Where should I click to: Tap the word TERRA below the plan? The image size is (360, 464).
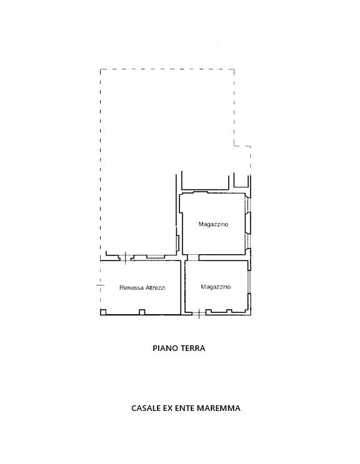point(193,348)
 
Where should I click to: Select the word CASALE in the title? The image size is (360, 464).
point(146,408)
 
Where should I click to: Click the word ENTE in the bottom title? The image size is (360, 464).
point(185,408)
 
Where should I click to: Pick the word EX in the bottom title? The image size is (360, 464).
point(168,408)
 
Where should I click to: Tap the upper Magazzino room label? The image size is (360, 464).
point(214,224)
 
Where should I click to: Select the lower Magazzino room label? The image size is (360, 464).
point(216,287)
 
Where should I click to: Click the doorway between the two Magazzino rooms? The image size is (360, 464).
point(193,258)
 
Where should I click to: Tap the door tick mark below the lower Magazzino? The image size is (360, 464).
point(199,313)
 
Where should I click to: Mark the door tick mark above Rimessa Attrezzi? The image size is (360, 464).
point(125,257)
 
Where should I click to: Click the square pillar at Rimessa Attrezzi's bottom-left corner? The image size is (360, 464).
point(103,312)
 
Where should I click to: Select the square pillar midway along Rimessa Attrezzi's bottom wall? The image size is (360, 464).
point(142,312)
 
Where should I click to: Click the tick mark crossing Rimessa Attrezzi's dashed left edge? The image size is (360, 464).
point(101,285)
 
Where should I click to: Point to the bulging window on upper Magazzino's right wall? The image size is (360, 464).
point(248,222)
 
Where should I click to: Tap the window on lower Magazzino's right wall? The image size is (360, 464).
point(249,282)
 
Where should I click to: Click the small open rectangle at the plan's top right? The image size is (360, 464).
point(241,181)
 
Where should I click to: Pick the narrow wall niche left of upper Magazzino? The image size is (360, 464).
point(178,244)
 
